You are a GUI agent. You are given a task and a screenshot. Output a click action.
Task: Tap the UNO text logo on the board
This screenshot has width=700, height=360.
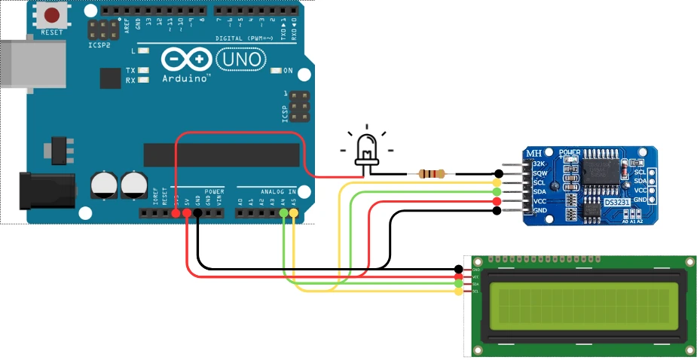(240, 59)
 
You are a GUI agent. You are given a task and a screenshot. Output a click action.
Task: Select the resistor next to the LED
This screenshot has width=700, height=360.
(431, 174)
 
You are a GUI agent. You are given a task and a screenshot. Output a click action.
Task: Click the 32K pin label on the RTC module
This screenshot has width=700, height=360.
(539, 163)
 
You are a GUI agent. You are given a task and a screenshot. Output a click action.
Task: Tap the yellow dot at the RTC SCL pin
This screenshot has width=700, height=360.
(497, 183)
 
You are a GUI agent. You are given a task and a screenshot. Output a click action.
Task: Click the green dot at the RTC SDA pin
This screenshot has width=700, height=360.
(497, 192)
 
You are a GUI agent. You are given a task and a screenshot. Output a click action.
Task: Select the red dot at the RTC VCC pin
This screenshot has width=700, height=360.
(497, 202)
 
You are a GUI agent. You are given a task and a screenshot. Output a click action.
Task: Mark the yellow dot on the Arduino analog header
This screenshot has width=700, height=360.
(293, 214)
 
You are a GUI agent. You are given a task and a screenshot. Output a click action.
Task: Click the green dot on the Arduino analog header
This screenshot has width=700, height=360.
(283, 214)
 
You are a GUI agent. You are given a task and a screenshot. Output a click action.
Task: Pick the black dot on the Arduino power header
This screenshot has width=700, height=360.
(197, 214)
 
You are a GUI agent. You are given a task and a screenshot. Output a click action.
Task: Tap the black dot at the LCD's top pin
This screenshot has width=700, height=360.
(459, 270)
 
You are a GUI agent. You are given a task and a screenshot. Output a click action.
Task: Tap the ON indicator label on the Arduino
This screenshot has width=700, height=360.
(288, 71)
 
